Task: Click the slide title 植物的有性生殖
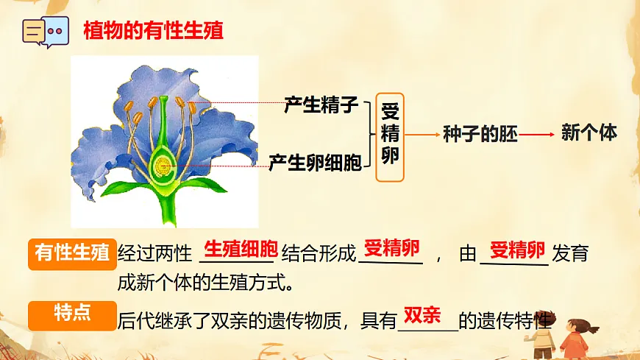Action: pyautogui.click(x=153, y=30)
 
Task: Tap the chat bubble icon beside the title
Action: pyautogui.click(x=46, y=32)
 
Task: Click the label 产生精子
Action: pyautogui.click(x=321, y=105)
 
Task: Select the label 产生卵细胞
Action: pyautogui.click(x=315, y=163)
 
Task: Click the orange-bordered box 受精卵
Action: pyautogui.click(x=390, y=137)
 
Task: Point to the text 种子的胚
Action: pyautogui.click(x=480, y=134)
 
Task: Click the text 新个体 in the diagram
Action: pyautogui.click(x=589, y=133)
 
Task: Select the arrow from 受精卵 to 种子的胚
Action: pyautogui.click(x=422, y=135)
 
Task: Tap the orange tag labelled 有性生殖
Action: pyautogui.click(x=72, y=253)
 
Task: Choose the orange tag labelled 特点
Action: pyautogui.click(x=72, y=314)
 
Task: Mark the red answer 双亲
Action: pyautogui.click(x=422, y=315)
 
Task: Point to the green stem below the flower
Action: pyautogui.click(x=167, y=210)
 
